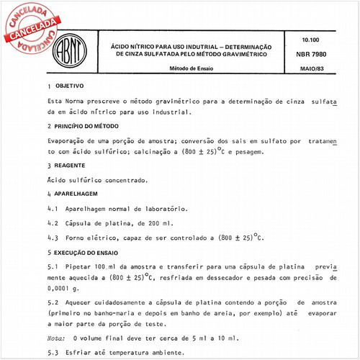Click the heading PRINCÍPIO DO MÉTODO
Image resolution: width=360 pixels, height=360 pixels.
tap(91, 127)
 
